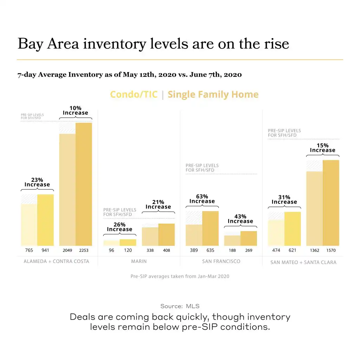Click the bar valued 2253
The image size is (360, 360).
[x=84, y=184]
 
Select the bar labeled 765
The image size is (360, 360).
[x=29, y=225]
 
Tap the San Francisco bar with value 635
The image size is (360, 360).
[x=210, y=229]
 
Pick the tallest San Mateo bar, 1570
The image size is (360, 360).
[x=331, y=203]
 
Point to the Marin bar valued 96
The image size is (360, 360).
[x=111, y=243]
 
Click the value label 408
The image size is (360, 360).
[x=166, y=251]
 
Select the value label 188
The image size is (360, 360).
[x=232, y=251]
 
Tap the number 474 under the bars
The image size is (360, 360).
[x=276, y=251]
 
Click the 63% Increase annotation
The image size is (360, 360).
[x=202, y=199]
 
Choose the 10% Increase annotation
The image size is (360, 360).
[x=75, y=110]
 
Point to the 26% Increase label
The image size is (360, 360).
[x=120, y=227]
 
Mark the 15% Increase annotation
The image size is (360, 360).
[x=322, y=148]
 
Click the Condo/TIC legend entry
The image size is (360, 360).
[x=134, y=95]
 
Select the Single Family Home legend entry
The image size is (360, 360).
[x=213, y=95]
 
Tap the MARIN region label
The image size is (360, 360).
[x=139, y=262]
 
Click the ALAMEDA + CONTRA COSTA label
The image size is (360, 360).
[x=56, y=262]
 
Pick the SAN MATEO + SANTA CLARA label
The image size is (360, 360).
[x=303, y=262]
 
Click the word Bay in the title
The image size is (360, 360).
[x=30, y=44]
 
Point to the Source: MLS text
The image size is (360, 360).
[x=180, y=306]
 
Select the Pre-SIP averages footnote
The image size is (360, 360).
[x=180, y=276]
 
